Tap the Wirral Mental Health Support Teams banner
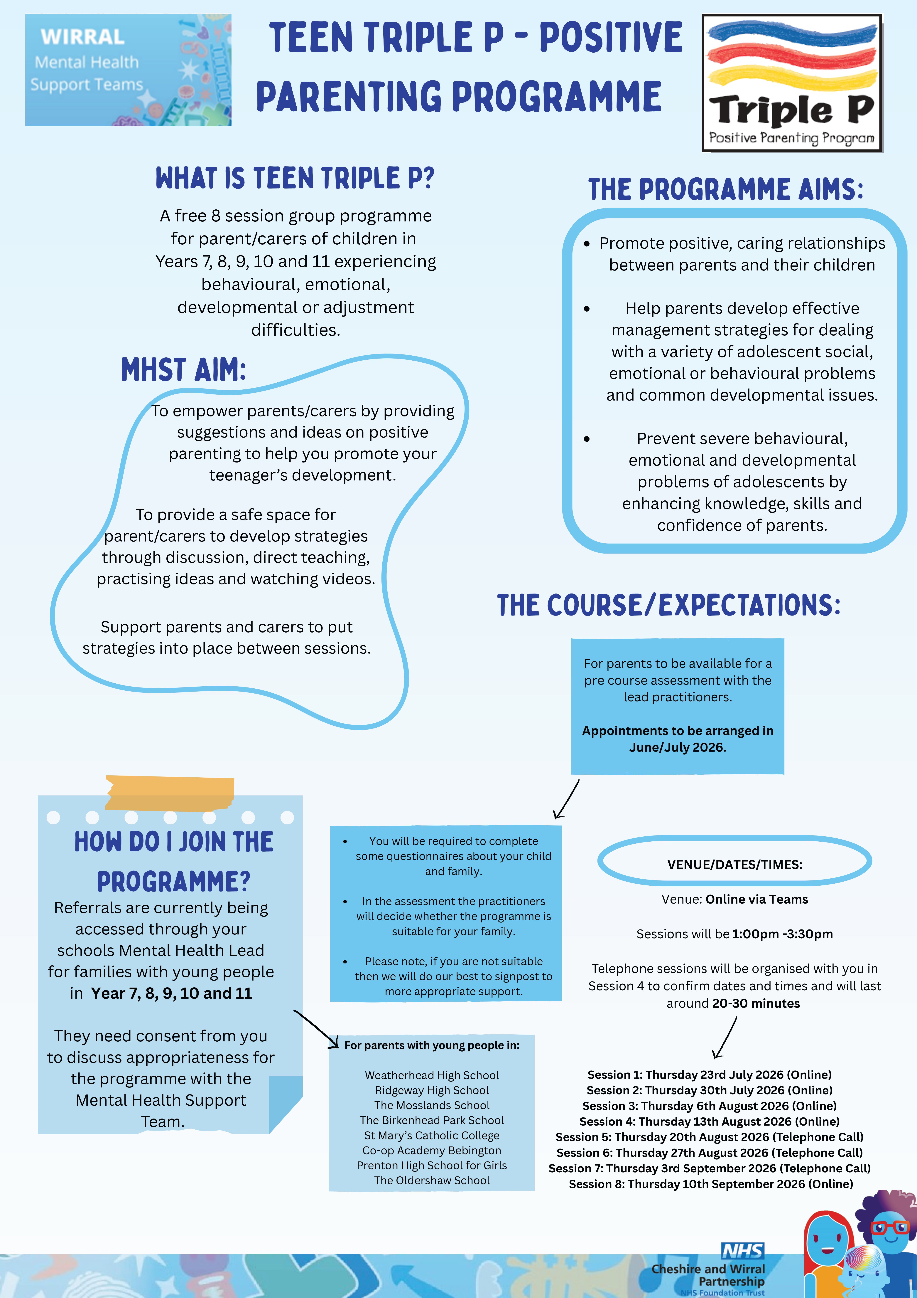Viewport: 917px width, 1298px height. point(128,70)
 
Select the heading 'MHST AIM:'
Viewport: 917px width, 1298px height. point(184,370)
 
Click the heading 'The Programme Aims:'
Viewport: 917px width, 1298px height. point(726,189)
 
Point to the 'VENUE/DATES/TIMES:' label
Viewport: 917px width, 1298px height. point(734,864)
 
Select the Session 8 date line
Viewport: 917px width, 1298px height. point(711,1184)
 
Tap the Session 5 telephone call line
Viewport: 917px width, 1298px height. point(710,1137)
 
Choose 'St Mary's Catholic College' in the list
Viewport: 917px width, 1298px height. point(432,1135)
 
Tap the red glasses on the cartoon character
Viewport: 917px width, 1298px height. point(890,1228)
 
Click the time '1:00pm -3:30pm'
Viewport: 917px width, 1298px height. point(783,934)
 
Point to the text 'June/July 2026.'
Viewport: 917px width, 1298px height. point(677,747)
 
